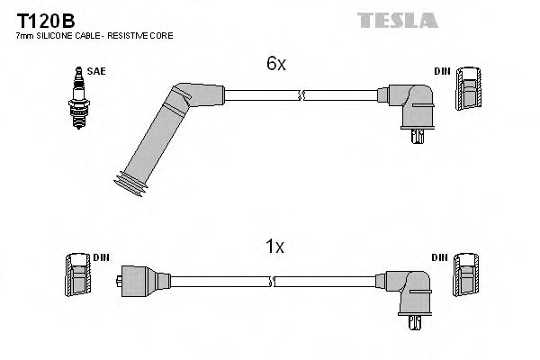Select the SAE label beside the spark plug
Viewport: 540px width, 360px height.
[x=94, y=68]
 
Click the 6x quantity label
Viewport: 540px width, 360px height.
[x=274, y=65]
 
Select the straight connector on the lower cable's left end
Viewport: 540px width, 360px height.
[x=142, y=280]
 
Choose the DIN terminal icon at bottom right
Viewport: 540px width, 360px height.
[x=466, y=274]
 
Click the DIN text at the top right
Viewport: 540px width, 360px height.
[x=443, y=69]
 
